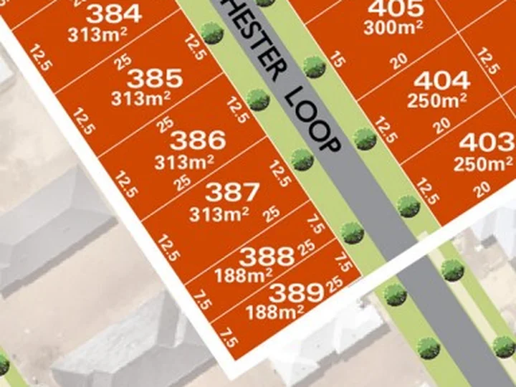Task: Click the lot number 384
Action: [113, 14]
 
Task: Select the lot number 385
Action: [154, 78]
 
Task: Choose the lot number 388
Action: [267, 256]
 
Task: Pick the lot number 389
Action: [296, 292]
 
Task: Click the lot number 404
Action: [441, 80]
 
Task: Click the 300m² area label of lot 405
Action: [392, 29]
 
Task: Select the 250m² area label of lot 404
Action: [437, 101]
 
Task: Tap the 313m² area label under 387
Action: [219, 213]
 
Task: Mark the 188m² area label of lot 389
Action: [274, 312]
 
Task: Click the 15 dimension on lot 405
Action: [337, 62]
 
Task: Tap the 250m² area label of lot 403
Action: [482, 163]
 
